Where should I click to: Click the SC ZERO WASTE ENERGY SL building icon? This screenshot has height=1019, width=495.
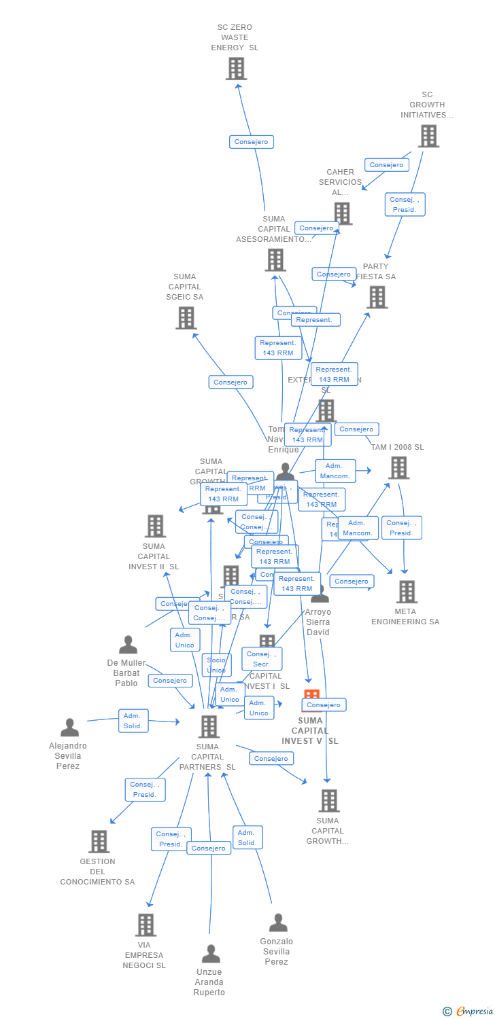(235, 69)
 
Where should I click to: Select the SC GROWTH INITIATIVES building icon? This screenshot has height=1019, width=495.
(428, 136)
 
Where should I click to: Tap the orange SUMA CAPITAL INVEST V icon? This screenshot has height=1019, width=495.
(311, 698)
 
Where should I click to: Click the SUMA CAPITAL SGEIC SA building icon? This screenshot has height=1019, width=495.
(186, 317)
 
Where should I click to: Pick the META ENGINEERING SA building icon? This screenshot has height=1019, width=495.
(407, 591)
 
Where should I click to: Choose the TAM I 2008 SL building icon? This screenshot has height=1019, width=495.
(398, 467)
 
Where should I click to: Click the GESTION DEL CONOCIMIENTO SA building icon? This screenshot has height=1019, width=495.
(99, 841)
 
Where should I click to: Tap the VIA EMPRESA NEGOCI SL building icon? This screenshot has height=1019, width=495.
(146, 925)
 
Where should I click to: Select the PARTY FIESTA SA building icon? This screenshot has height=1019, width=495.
(377, 297)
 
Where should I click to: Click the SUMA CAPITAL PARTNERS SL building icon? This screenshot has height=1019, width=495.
(208, 726)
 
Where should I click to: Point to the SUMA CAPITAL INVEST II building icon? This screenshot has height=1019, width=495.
(155, 526)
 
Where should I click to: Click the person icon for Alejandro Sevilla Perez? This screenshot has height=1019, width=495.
(69, 728)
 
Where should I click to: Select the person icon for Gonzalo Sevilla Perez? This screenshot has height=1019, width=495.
(277, 923)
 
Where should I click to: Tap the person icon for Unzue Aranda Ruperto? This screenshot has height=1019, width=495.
(211, 954)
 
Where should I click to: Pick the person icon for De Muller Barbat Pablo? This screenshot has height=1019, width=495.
(128, 645)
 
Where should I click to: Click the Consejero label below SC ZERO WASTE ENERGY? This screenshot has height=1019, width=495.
(252, 142)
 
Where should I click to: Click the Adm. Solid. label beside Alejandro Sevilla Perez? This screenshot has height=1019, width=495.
(133, 721)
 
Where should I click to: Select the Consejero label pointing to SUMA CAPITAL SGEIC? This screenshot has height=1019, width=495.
(231, 382)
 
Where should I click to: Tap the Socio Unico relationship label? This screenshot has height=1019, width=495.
(216, 665)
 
